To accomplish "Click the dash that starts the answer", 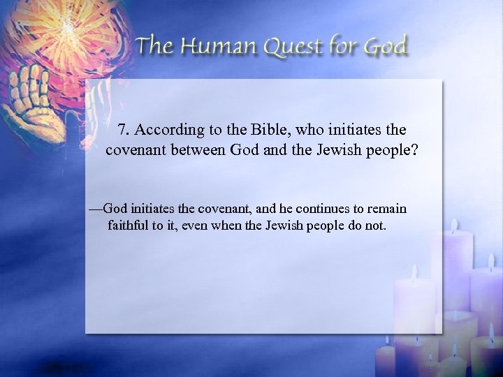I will point(96,209).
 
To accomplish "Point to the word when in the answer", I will point(226,226).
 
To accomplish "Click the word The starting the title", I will point(156,47).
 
